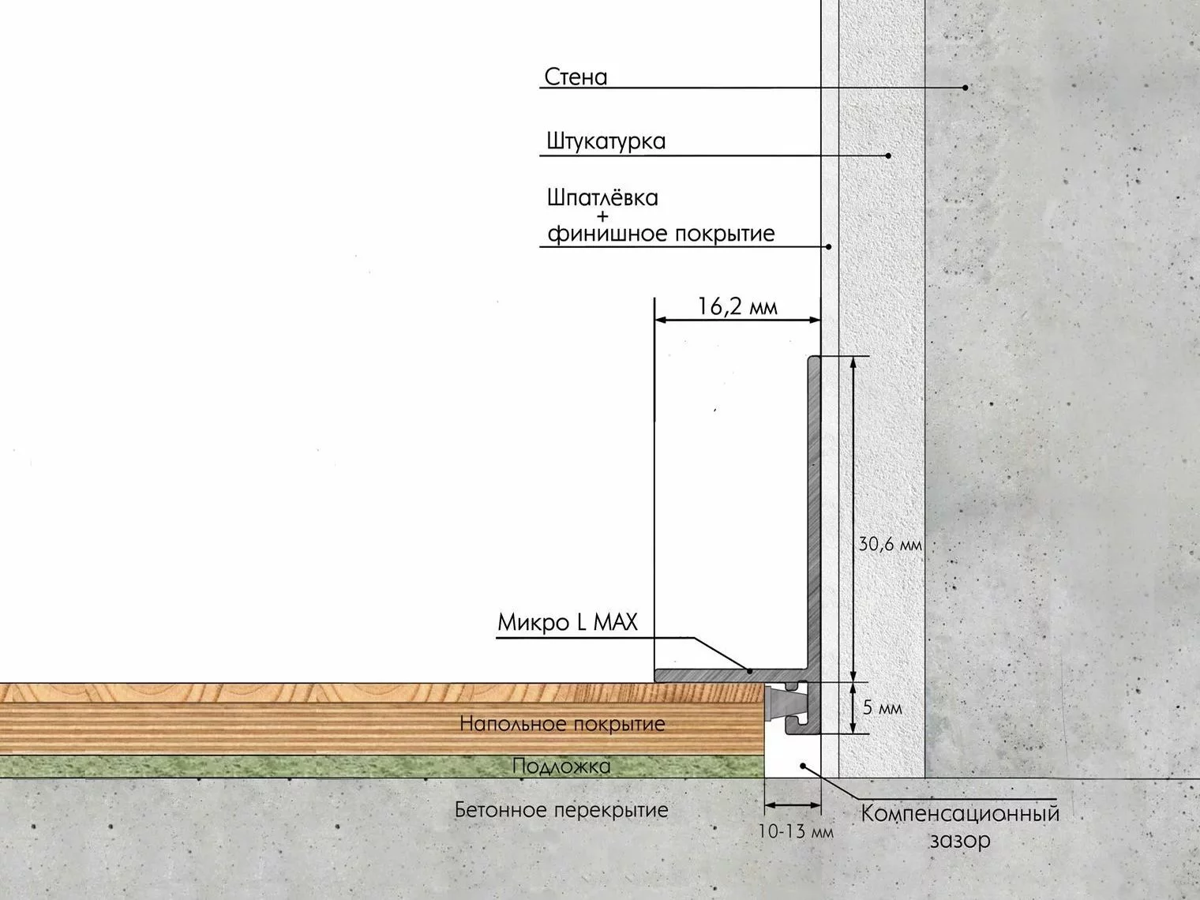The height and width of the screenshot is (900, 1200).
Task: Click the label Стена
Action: point(576,77)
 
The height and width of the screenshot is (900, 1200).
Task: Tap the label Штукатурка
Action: point(606,141)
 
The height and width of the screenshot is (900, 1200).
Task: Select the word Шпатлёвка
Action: point(602,197)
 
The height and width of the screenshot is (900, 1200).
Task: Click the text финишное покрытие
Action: point(661,234)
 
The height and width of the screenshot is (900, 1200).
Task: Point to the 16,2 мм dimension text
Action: point(737,306)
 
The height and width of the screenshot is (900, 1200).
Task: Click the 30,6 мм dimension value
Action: point(890,544)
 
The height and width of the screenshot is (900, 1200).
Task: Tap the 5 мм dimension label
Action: point(883,708)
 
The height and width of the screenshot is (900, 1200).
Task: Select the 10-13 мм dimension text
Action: point(796,831)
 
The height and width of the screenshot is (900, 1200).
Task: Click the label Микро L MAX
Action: point(568,622)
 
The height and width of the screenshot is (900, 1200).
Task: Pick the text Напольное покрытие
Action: point(563,724)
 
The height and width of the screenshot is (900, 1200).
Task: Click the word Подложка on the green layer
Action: point(561,766)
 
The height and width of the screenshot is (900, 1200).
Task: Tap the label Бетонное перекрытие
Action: point(561,809)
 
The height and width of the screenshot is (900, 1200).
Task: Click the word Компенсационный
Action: point(960,814)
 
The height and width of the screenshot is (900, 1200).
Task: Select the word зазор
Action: point(960,840)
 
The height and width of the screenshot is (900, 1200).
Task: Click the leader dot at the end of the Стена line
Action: point(966,88)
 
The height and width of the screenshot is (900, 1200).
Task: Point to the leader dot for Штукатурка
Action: point(888,156)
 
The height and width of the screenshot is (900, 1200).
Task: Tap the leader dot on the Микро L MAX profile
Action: point(750,671)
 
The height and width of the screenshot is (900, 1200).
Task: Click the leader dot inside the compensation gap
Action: point(803,766)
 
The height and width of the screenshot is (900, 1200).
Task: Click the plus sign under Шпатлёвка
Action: point(602,216)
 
